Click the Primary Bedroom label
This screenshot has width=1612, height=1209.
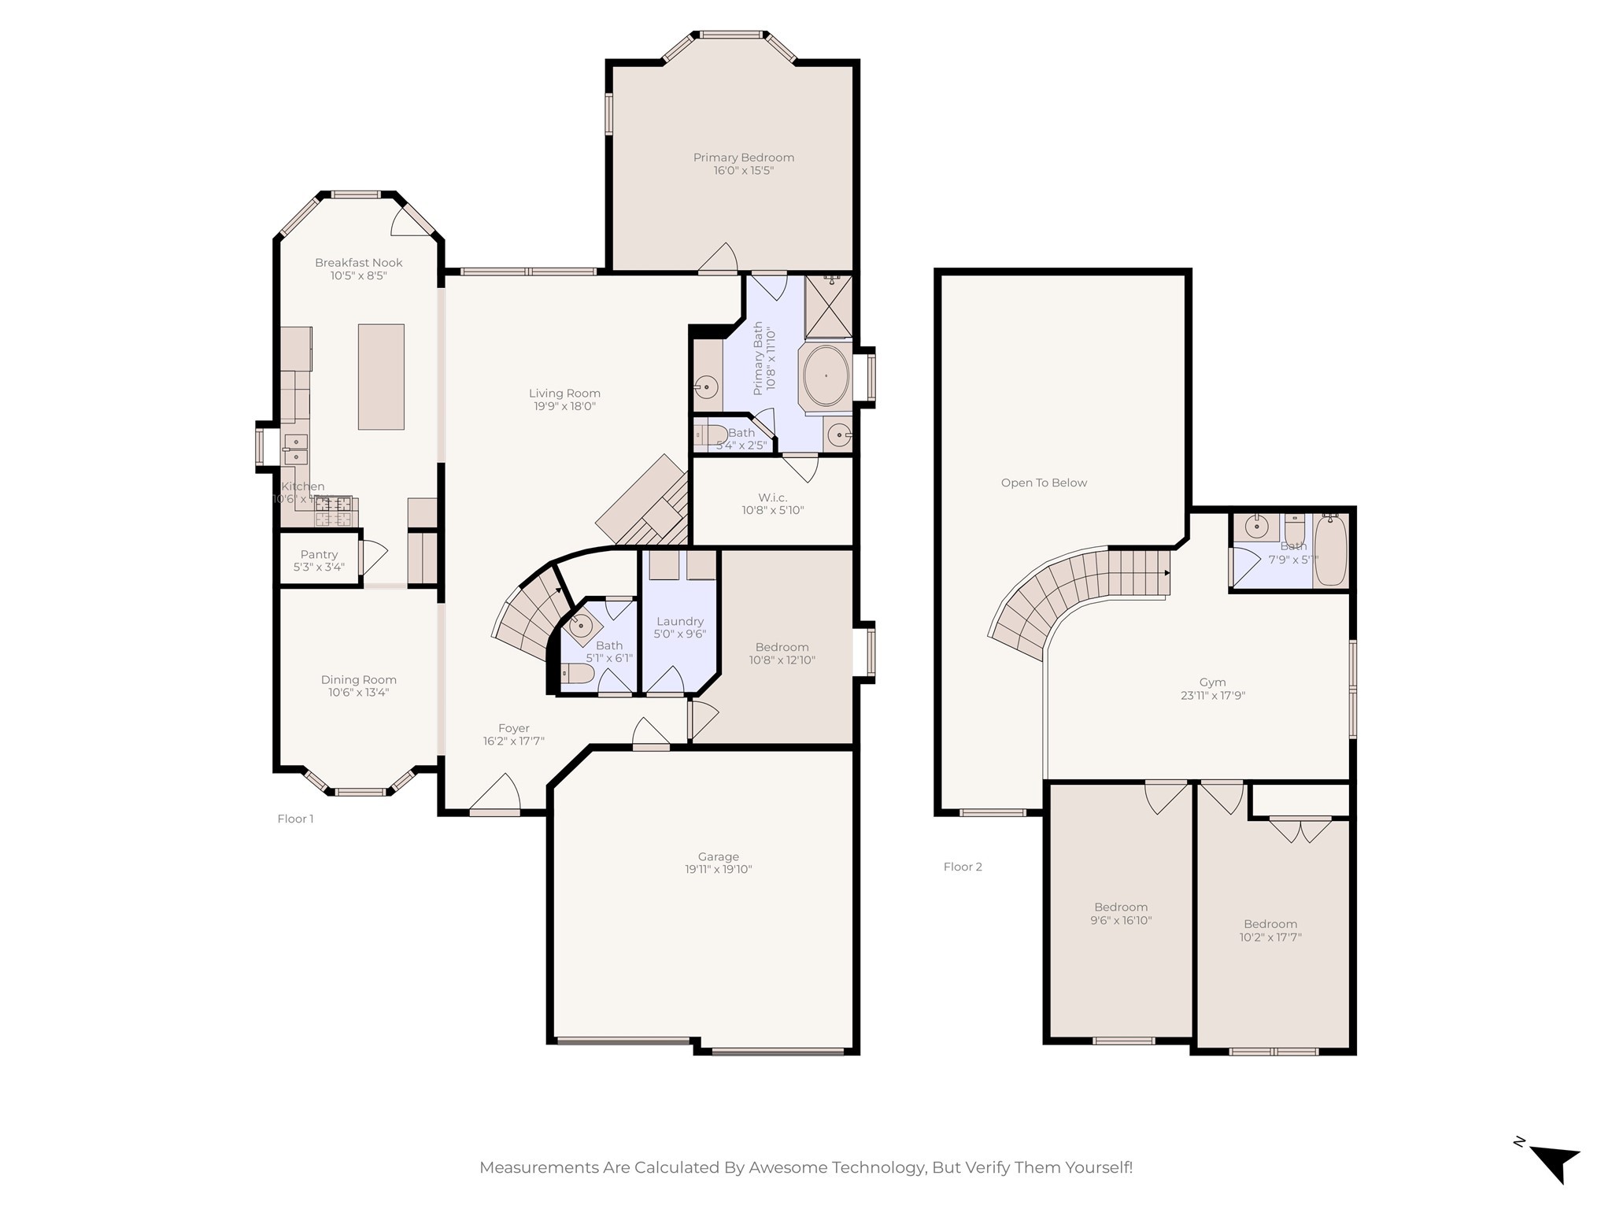(743, 157)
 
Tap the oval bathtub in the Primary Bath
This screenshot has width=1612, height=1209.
(826, 376)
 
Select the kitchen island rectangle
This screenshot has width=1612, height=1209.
(381, 377)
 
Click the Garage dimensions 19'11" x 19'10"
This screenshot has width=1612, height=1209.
(718, 870)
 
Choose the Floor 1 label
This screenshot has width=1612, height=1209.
(295, 819)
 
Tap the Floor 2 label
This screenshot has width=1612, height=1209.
(963, 867)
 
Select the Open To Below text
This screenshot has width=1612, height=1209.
(1044, 482)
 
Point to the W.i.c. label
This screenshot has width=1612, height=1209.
(772, 497)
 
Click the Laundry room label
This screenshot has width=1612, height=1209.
(679, 621)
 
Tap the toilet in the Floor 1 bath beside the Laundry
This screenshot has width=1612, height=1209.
(577, 674)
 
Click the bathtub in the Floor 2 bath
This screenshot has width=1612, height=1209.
(1331, 551)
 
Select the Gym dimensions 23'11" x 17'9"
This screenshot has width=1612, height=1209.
(1212, 696)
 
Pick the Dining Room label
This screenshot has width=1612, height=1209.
(358, 680)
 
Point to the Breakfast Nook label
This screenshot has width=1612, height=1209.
(358, 263)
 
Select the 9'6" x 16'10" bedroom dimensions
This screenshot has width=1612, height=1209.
(1120, 920)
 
